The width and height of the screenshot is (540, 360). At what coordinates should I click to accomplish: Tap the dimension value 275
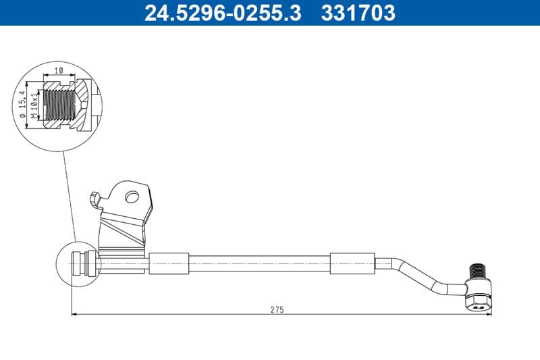click(x=277, y=309)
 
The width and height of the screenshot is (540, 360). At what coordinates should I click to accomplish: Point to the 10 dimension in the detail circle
click(x=59, y=70)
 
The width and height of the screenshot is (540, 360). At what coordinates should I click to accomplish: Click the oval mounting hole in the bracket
click(x=132, y=197)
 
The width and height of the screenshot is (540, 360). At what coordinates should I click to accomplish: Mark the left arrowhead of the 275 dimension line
click(x=74, y=313)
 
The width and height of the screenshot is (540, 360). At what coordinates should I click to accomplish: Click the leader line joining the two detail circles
click(x=68, y=196)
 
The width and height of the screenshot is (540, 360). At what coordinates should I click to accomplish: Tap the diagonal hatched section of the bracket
click(x=125, y=230)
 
